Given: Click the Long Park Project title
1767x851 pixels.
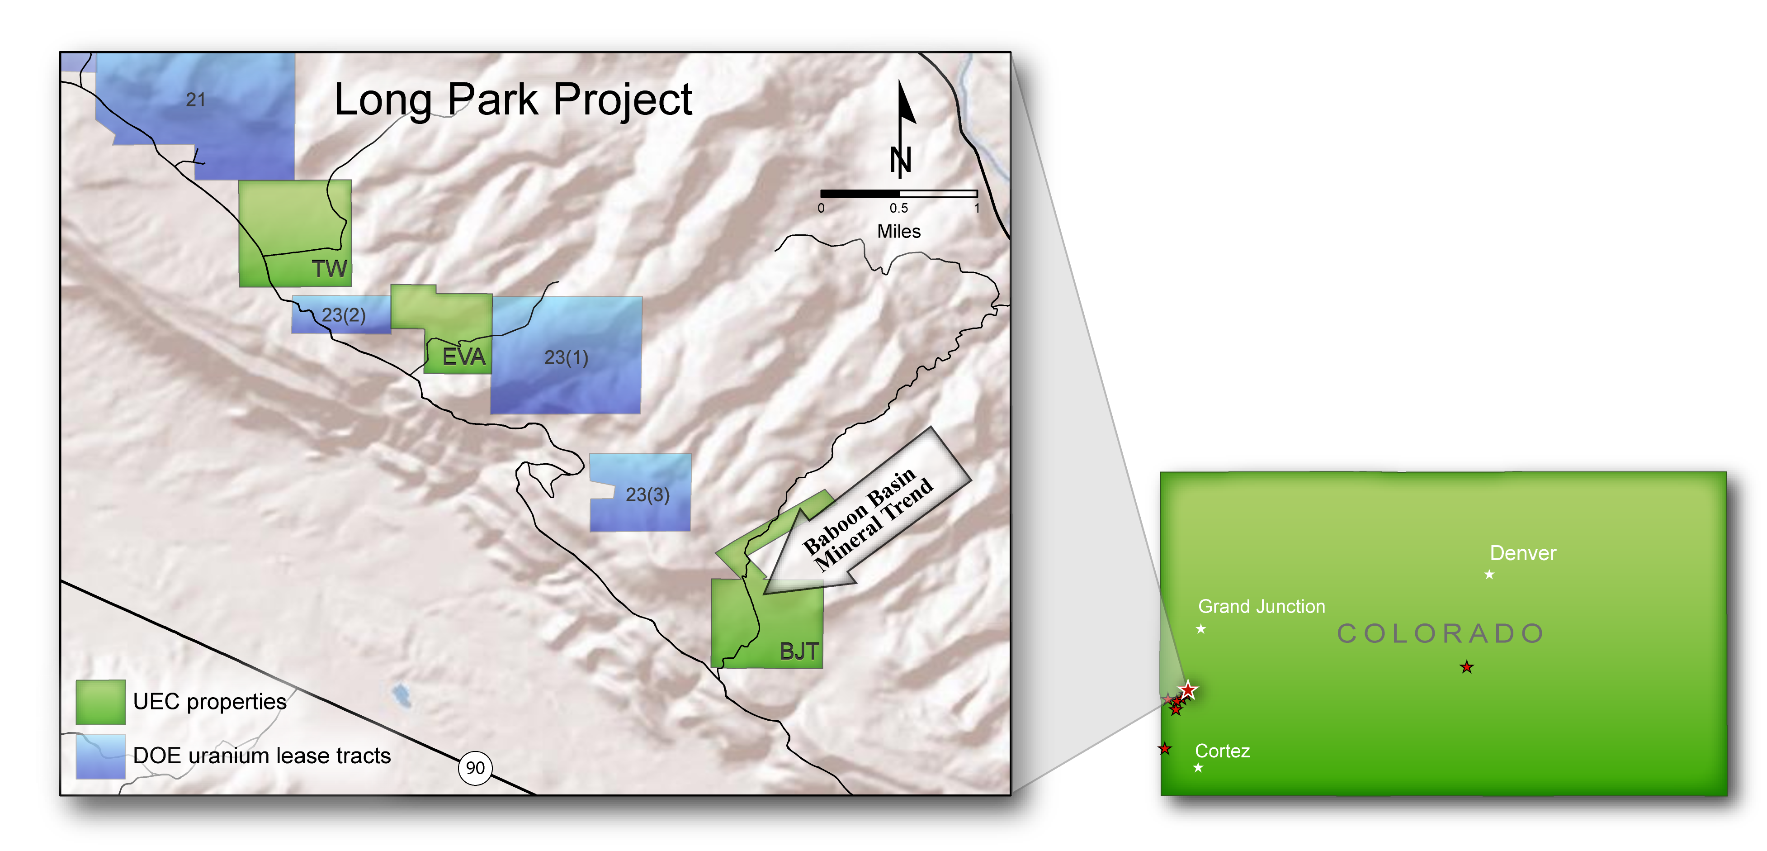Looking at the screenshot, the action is tap(513, 100).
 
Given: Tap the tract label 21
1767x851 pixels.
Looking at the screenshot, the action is tap(195, 100).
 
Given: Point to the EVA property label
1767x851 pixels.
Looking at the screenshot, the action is tap(464, 357).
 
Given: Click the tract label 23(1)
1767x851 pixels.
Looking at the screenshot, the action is tap(566, 357).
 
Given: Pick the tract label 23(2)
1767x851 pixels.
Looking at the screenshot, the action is tap(344, 315).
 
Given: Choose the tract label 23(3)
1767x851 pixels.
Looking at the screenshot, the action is tap(647, 495).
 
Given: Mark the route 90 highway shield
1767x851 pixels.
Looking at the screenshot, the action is tap(475, 767).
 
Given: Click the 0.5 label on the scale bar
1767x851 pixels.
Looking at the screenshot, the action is tap(898, 208).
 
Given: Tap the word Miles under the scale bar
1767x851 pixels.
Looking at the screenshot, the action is tap(898, 231).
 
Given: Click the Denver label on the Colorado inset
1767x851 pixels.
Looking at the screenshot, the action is tap(1523, 553).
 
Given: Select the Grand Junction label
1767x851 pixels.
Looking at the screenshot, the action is tap(1261, 607).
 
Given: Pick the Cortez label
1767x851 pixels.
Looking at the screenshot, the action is tap(1222, 751).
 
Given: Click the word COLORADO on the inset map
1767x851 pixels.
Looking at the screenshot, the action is tap(1441, 633).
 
